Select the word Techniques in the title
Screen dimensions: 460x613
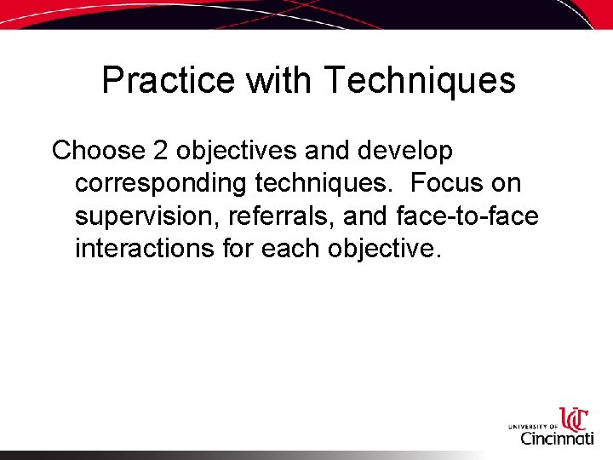(x=420, y=82)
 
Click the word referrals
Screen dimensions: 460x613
(x=284, y=217)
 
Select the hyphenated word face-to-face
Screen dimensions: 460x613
(x=467, y=217)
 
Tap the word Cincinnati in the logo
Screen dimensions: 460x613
(x=557, y=439)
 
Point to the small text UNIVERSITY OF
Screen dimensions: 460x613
(x=532, y=424)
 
